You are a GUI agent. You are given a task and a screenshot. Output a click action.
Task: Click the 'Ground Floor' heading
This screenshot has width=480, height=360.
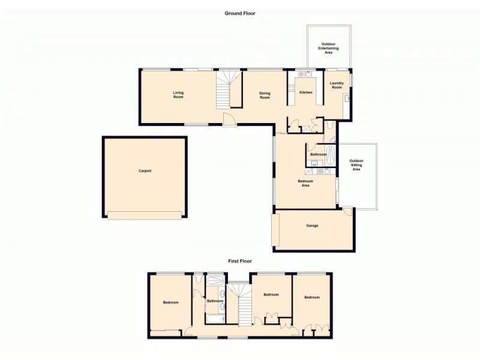(x=240, y=13)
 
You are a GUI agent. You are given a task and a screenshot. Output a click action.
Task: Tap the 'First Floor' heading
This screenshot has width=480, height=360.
(x=239, y=261)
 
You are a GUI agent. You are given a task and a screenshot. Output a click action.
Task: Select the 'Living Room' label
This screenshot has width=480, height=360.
(x=178, y=95)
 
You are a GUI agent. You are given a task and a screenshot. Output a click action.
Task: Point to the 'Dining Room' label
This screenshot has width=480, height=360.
(x=265, y=95)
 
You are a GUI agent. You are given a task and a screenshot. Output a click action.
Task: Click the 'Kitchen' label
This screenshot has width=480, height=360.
(x=306, y=92)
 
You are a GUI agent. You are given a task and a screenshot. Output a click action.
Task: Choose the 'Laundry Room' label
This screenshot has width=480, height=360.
(x=337, y=85)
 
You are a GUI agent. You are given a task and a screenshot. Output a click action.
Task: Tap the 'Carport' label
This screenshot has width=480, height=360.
(x=145, y=171)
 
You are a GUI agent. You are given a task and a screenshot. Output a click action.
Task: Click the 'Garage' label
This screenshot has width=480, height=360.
(x=312, y=226)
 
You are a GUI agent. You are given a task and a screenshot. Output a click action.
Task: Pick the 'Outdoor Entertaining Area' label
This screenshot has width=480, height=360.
(x=328, y=48)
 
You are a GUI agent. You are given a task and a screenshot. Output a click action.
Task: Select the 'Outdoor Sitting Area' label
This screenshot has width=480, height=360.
(x=356, y=165)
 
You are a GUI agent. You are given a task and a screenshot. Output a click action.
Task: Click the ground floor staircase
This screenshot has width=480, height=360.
(x=228, y=90)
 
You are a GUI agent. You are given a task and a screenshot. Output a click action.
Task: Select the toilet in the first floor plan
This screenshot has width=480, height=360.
(x=198, y=278)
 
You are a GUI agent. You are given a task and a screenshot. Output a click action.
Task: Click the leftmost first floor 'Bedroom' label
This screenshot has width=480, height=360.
(x=170, y=302)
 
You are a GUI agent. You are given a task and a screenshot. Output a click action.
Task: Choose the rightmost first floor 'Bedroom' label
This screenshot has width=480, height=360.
(x=311, y=298)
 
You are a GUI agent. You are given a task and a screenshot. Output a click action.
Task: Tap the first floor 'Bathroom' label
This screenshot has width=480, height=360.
(x=215, y=301)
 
